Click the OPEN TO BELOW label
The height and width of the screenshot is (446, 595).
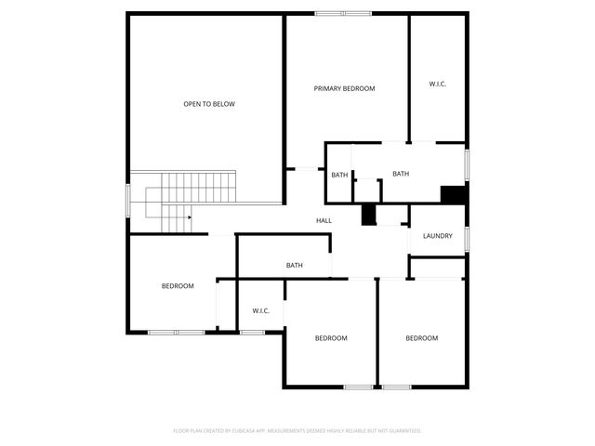[x=209, y=104]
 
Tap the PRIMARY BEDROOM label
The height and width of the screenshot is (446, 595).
[x=344, y=88]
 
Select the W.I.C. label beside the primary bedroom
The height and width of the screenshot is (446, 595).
[x=438, y=85]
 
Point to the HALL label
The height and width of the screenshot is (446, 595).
[x=324, y=220]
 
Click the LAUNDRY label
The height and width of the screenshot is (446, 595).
[x=437, y=236]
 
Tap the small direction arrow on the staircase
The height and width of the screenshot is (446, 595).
[x=189, y=217]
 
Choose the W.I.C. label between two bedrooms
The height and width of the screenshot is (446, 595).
[x=260, y=310]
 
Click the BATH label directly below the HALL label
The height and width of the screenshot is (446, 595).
[x=294, y=266]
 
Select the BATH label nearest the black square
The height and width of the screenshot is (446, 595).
[x=401, y=174]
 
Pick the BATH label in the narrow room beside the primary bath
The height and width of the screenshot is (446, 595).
[x=339, y=175]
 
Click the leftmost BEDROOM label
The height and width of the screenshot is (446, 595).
[x=178, y=286]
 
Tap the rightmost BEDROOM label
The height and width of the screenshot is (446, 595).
[x=421, y=338]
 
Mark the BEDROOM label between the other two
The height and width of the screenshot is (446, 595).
[x=330, y=338]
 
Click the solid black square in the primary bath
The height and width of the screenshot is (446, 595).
[x=453, y=195]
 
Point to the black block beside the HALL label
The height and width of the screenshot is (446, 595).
[x=368, y=215]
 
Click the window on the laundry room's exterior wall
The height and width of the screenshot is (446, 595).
[x=466, y=239]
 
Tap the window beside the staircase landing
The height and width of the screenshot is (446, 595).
[x=128, y=200]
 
